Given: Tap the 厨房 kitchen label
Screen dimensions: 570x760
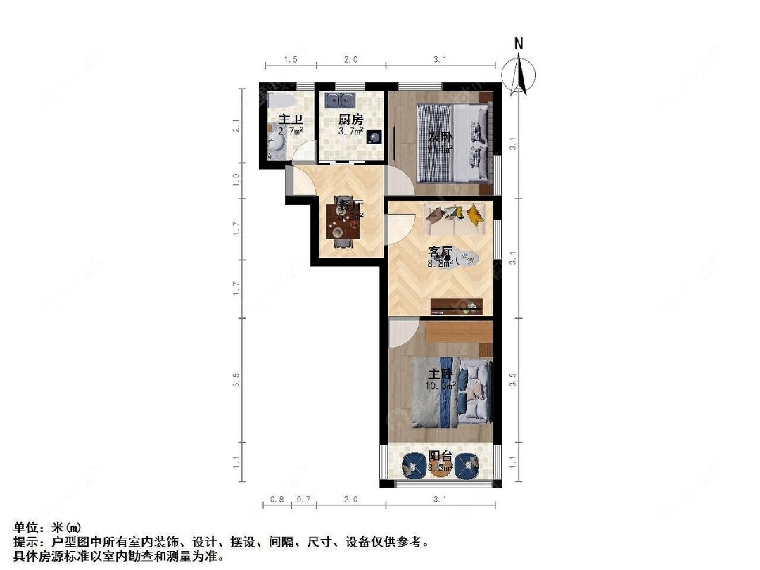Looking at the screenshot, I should point(350,120).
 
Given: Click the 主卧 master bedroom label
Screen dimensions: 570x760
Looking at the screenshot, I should point(439,374).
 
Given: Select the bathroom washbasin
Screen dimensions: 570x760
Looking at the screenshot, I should point(277,144).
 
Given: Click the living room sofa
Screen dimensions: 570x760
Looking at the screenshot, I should point(455,220).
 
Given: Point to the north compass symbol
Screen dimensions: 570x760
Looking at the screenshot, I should point(519,72).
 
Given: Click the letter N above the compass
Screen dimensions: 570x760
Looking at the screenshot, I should point(519,44).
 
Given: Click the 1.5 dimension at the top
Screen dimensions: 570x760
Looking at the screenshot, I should point(291,60).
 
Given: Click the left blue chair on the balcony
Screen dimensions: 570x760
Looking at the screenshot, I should point(412,464).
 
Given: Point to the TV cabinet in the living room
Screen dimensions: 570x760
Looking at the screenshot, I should point(456,305).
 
